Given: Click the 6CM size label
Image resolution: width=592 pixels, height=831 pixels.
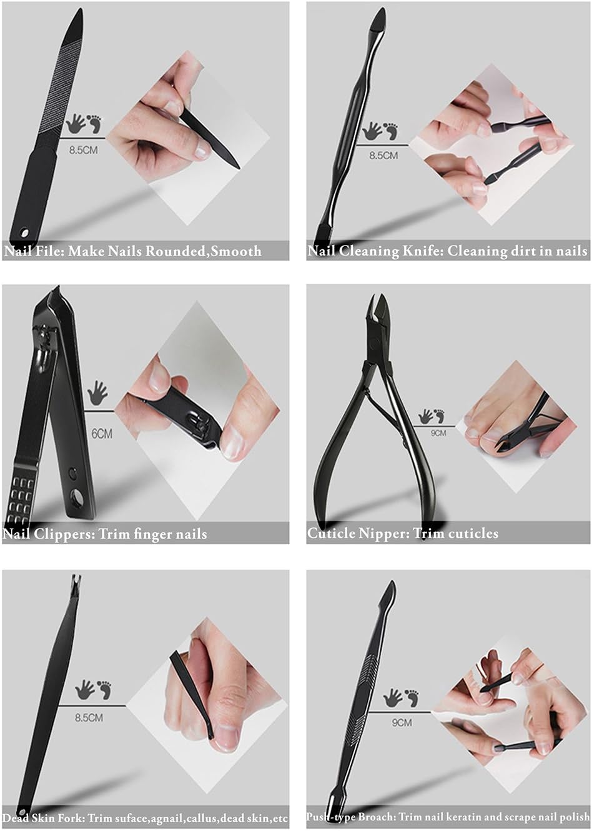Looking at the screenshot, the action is [x=102, y=434].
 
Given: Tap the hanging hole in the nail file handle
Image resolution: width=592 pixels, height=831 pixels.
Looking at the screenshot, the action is [x=25, y=233].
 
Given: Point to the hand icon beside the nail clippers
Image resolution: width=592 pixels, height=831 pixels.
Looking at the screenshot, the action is [x=97, y=392].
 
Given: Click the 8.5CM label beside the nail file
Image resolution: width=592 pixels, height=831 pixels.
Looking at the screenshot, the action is [x=84, y=150].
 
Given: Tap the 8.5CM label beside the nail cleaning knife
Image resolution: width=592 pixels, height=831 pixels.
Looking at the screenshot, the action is [x=383, y=156].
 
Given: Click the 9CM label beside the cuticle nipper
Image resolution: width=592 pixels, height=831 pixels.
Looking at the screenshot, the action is [x=438, y=433].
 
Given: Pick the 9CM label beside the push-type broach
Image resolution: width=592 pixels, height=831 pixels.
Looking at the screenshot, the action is [x=402, y=722].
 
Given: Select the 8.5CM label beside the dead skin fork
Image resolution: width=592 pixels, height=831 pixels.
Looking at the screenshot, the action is [x=89, y=717].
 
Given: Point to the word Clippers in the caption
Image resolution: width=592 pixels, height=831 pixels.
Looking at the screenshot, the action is [x=65, y=534].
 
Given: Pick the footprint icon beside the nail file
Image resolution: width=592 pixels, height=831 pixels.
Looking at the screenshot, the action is [x=94, y=124].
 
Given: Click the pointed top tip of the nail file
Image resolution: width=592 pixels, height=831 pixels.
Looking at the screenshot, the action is [x=81, y=9].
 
